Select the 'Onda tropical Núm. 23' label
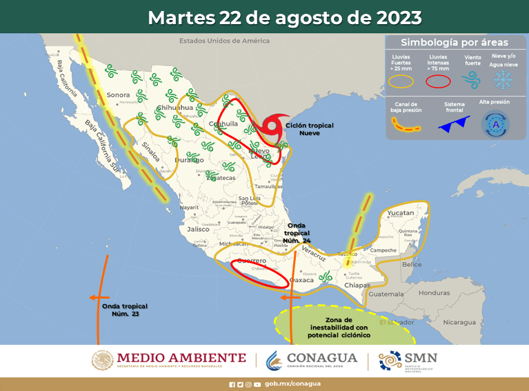point(125,310)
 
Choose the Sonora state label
point(118,94)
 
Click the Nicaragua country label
point(459,322)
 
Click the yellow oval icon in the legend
point(401,81)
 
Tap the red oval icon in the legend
point(438,81)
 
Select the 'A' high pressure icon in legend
point(495,125)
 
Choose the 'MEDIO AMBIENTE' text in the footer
point(181,358)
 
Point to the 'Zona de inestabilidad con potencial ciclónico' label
point(340,328)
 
